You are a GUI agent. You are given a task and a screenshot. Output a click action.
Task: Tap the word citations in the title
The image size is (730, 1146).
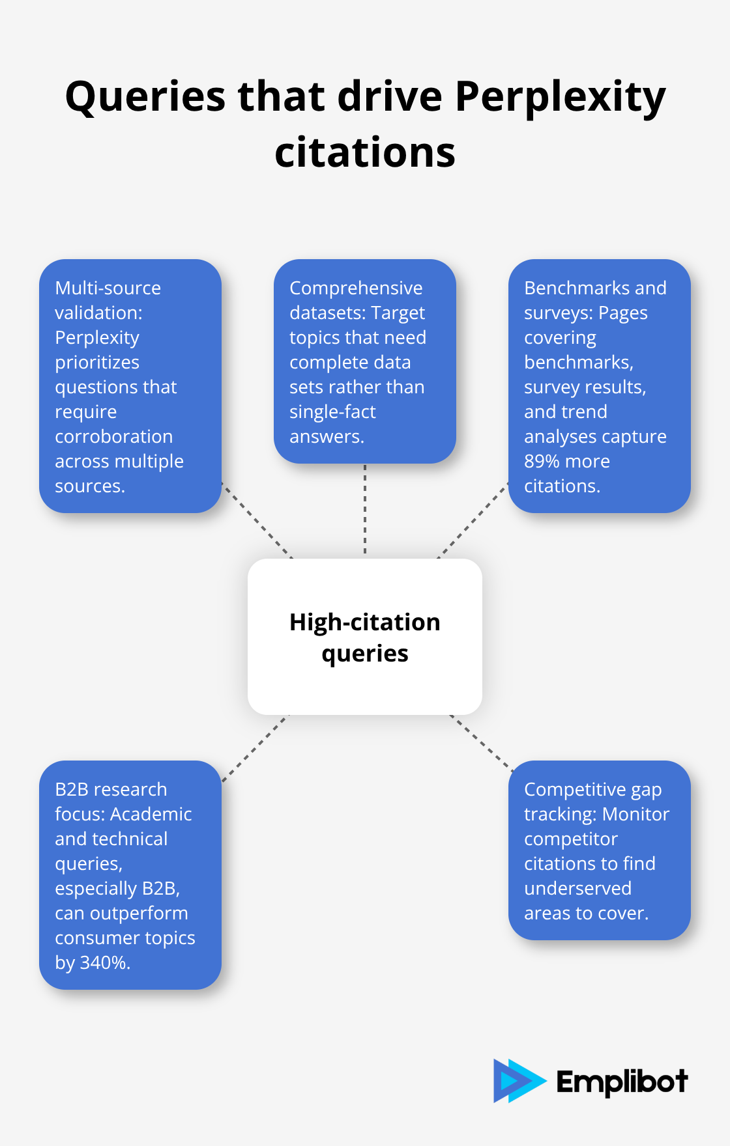coord(365,154)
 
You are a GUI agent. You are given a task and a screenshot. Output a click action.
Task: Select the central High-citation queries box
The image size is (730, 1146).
coord(365,637)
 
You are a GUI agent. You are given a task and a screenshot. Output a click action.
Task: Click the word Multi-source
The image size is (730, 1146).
coord(108,288)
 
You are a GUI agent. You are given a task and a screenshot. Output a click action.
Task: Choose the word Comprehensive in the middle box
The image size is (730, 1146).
coord(356,288)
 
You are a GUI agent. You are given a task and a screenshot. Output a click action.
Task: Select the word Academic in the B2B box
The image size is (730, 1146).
coord(151,814)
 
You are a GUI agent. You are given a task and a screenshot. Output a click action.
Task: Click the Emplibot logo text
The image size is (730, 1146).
coord(622,1082)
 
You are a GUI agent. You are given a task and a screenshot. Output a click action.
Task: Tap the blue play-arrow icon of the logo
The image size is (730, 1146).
coord(518,1081)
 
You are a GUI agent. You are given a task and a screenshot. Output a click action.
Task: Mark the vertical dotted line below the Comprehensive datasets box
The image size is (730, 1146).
coord(365,510)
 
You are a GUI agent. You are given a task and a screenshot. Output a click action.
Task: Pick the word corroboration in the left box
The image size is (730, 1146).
coord(113,436)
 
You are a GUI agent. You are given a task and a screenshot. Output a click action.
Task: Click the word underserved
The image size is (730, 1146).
coord(577,888)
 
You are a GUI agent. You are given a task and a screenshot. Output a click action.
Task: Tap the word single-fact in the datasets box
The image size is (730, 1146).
coord(332,412)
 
